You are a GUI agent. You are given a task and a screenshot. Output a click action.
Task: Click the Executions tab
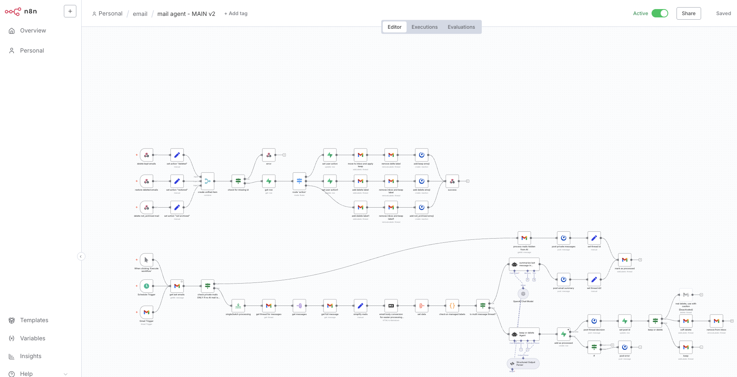click(424, 27)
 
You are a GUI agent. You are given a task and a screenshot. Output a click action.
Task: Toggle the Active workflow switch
click(660, 13)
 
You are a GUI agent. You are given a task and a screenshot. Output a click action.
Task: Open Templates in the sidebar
click(34, 320)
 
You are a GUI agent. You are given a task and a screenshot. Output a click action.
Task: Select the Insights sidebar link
click(31, 356)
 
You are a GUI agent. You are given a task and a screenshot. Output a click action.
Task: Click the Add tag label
click(236, 13)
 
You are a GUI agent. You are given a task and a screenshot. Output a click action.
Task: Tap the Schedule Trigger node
click(146, 286)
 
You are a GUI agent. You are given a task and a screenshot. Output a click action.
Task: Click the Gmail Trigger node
click(146, 312)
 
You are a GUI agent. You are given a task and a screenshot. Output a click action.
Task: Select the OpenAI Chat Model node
click(523, 294)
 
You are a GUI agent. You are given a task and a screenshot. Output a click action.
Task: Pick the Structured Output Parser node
click(523, 363)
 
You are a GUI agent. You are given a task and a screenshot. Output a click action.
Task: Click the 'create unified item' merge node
click(207, 181)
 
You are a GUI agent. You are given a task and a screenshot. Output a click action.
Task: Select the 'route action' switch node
click(299, 181)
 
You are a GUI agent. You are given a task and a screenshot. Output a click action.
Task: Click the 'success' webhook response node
click(452, 181)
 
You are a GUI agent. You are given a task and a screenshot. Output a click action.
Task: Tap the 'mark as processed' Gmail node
click(624, 260)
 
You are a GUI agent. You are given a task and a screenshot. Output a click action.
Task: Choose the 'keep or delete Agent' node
click(524, 334)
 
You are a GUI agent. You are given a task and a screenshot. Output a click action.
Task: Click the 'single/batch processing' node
click(238, 306)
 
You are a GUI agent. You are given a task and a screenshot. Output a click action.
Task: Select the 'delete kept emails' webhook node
click(146, 155)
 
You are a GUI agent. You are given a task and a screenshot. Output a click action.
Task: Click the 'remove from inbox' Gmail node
click(716, 321)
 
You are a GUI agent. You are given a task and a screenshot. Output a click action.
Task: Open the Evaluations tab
click(461, 27)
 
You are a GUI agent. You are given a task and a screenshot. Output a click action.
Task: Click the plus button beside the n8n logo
click(70, 11)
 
